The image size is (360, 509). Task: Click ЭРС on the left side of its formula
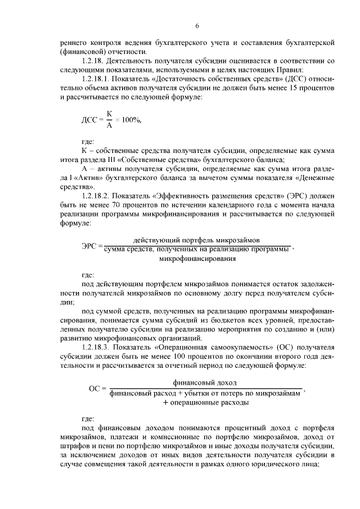point(91,245)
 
